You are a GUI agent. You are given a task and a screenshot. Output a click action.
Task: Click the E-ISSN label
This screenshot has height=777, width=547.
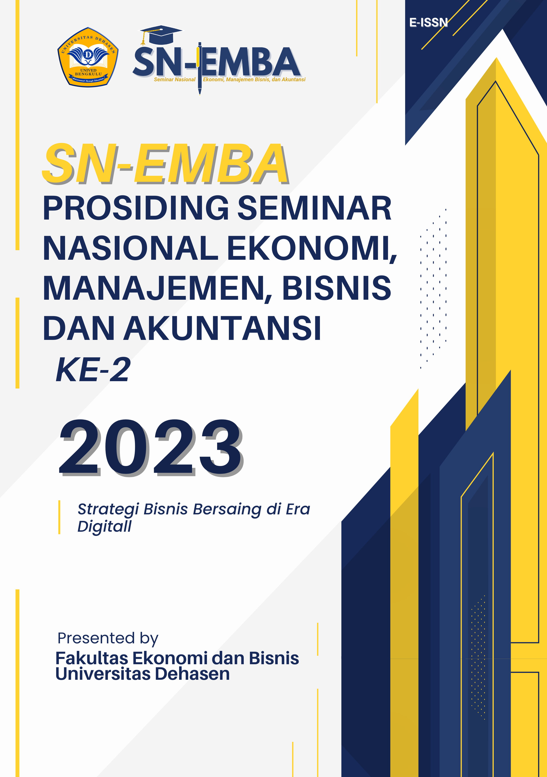coord(428,22)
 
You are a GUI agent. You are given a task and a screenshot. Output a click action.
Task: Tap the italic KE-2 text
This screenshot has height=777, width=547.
coord(93,370)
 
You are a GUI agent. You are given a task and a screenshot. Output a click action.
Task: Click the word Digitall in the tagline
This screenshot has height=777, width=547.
coord(105,526)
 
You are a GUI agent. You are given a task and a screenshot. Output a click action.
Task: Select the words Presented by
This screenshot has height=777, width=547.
coord(108,638)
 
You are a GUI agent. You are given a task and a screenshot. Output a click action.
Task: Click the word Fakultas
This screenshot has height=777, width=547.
coord(92,658)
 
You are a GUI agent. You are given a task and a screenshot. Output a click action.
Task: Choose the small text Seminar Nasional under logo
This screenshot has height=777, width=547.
coord(175,79)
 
